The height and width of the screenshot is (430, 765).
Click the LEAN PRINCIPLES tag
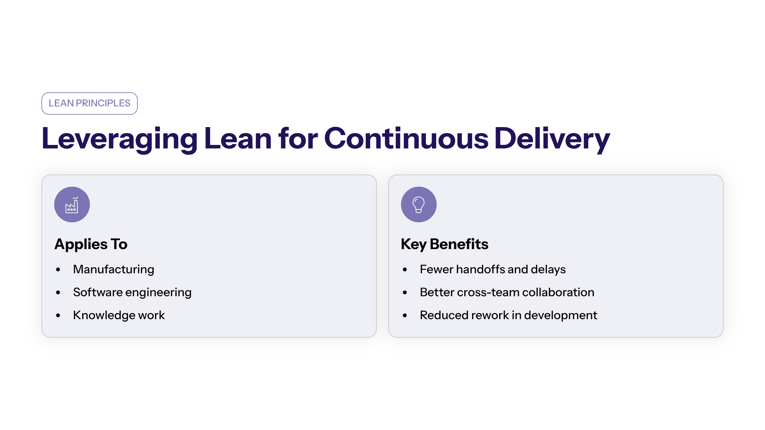(90, 104)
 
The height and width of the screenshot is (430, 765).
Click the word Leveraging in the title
(120, 139)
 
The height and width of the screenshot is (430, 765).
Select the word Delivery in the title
(552, 139)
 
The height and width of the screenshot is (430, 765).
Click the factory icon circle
(72, 204)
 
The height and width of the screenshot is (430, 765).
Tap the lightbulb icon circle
(419, 204)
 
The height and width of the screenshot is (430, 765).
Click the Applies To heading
(91, 245)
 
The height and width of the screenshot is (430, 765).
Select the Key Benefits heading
(445, 245)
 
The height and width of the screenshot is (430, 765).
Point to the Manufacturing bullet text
(114, 270)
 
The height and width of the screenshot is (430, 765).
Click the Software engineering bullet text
(132, 293)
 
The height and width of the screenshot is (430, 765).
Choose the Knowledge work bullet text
(119, 316)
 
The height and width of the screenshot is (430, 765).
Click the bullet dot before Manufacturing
(58, 270)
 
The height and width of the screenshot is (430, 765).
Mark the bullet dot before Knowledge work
(58, 316)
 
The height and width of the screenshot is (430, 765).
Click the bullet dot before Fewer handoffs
(405, 270)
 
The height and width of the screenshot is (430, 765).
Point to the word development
(561, 316)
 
